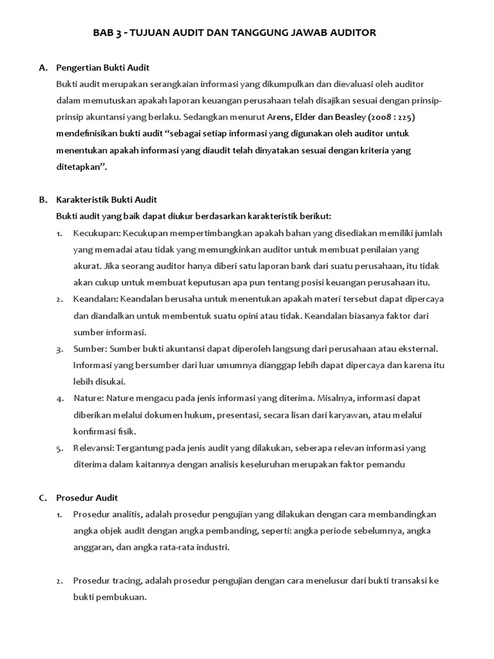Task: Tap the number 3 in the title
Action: pyautogui.click(x=116, y=33)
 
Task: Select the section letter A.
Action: pyautogui.click(x=43, y=67)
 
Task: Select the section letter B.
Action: pyautogui.click(x=43, y=200)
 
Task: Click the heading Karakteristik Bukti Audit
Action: pyautogui.click(x=107, y=200)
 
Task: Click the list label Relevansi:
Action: pyautogui.click(x=95, y=448)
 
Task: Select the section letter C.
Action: pyautogui.click(x=43, y=497)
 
